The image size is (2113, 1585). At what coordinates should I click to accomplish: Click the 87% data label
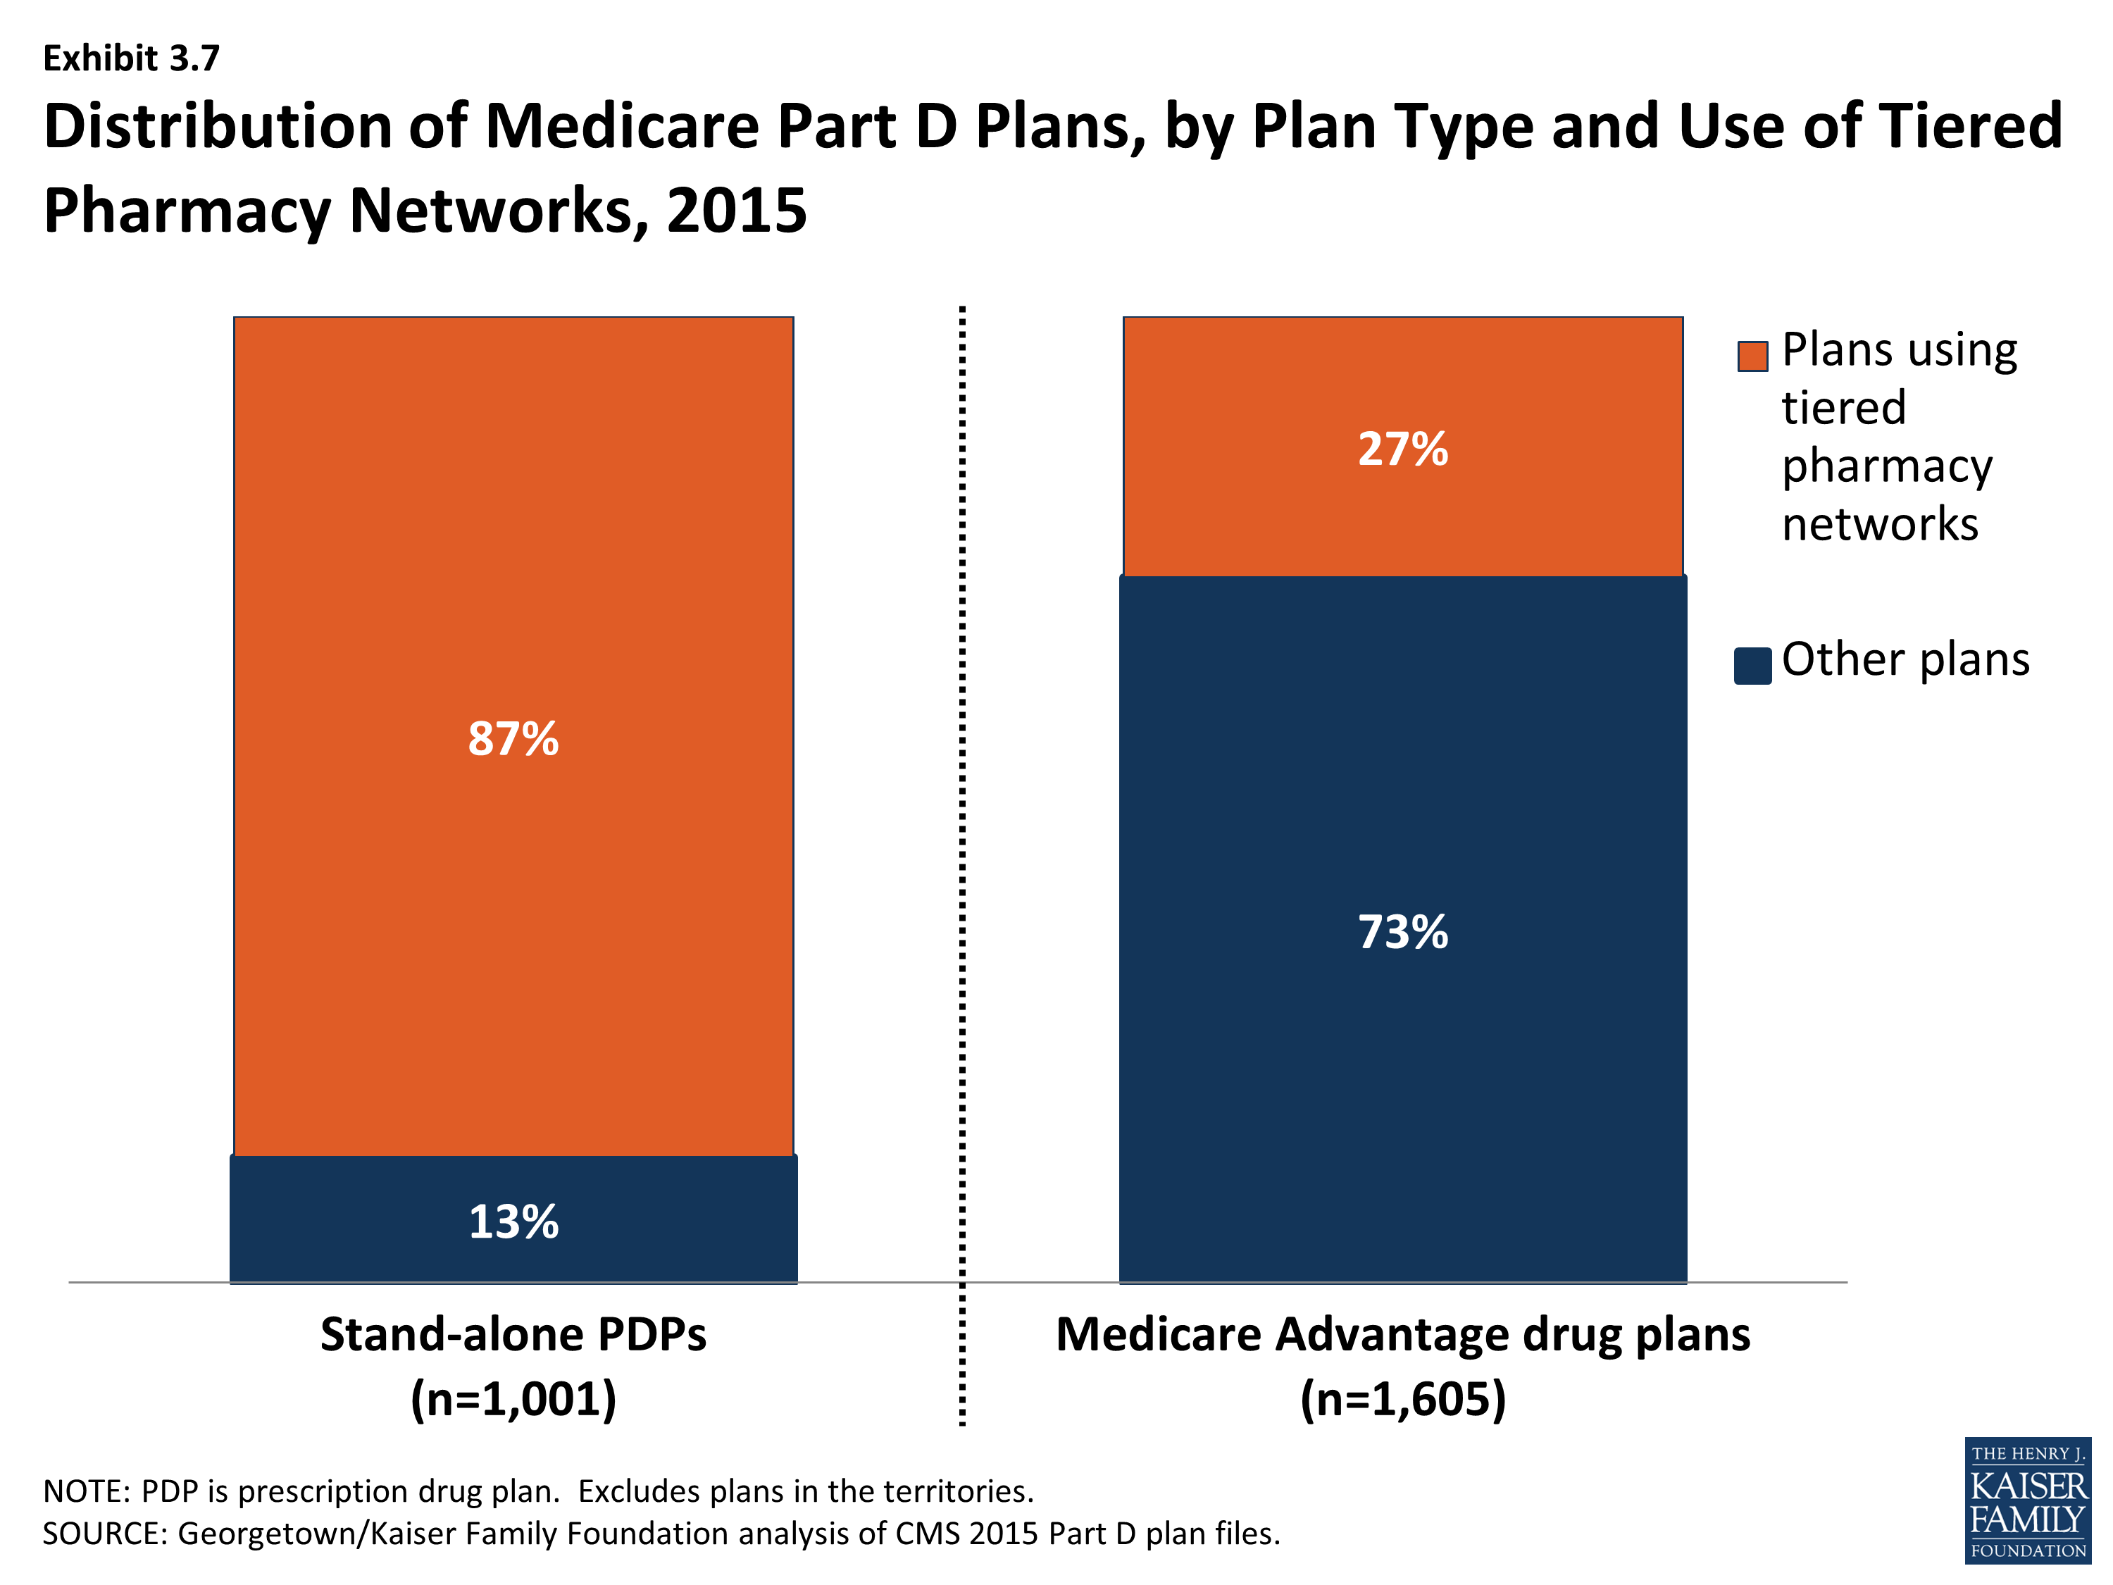tap(513, 738)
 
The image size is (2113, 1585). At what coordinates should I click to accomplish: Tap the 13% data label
tap(513, 1222)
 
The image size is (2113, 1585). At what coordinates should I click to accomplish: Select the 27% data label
tap(1402, 449)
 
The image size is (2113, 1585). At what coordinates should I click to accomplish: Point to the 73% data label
tap(1402, 933)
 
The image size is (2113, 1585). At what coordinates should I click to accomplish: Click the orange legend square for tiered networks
tap(1752, 356)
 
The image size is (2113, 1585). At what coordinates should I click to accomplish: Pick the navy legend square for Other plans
tap(1752, 666)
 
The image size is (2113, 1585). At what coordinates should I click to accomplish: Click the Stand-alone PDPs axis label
tap(513, 1335)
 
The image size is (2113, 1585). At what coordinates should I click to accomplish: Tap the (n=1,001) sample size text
tap(513, 1400)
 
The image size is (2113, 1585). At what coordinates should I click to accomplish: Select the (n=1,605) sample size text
tap(1402, 1400)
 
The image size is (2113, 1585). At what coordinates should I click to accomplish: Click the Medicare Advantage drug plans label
tap(1402, 1335)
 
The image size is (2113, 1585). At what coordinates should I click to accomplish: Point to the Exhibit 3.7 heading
tap(131, 58)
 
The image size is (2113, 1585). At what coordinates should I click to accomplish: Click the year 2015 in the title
tap(737, 210)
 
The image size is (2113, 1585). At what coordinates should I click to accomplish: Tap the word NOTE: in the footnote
tap(86, 1491)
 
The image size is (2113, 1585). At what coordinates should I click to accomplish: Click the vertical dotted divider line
tap(962, 860)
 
